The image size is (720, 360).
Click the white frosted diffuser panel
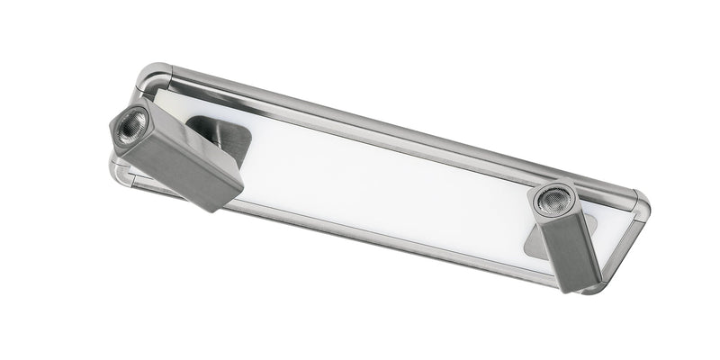point(378,180)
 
